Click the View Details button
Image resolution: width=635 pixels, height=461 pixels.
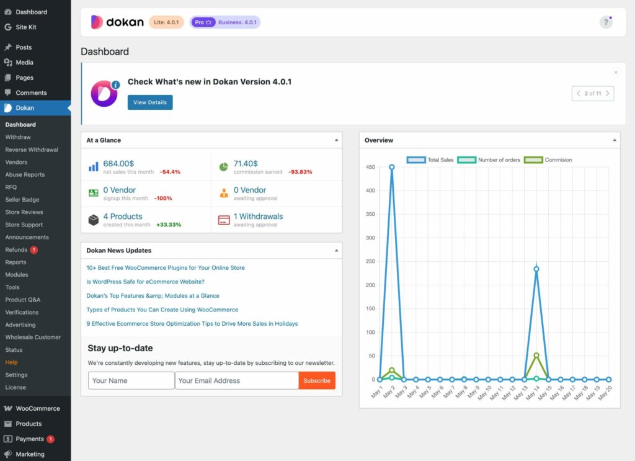(150, 102)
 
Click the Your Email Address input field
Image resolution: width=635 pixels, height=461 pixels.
(236, 380)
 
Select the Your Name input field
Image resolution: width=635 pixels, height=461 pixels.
(131, 380)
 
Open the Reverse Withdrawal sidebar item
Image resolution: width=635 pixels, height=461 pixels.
(32, 150)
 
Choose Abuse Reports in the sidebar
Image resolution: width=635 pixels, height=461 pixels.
(25, 174)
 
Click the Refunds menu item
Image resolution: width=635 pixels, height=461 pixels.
(17, 249)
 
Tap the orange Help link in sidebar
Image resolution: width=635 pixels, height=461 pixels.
(11, 362)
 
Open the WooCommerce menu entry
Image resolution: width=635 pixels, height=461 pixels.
(37, 408)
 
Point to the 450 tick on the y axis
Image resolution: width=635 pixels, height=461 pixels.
(370, 167)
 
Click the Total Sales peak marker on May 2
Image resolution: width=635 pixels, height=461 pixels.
(392, 167)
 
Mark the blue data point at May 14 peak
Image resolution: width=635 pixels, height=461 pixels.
(536, 269)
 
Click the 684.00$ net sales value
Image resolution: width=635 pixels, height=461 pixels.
(118, 164)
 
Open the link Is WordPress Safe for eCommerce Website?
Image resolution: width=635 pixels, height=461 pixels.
(145, 282)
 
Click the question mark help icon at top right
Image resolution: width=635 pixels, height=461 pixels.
(606, 22)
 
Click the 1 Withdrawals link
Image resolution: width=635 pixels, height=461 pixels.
(258, 217)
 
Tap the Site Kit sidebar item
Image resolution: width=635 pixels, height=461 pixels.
(26, 27)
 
